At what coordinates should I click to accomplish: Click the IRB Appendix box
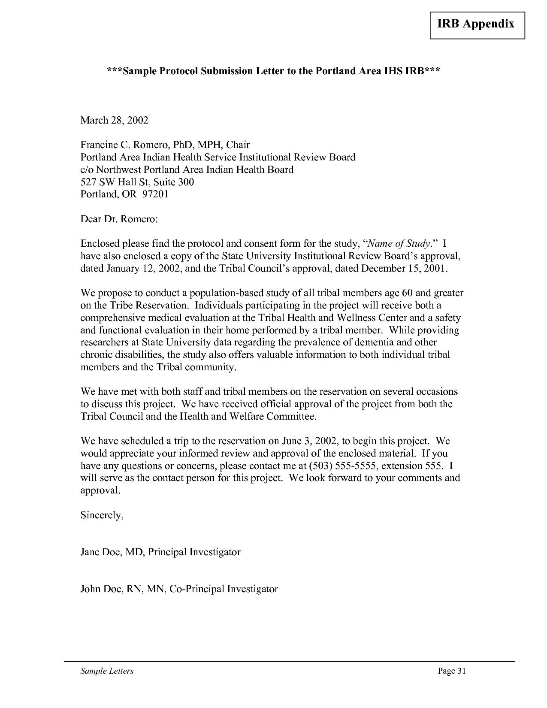pos(477,24)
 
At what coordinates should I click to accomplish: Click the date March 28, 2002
pos(114,120)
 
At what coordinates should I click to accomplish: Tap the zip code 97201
pos(155,194)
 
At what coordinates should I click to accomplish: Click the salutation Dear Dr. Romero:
pos(119,219)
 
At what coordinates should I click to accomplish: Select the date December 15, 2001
pos(404,269)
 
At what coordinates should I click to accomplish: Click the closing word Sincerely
pos(101,515)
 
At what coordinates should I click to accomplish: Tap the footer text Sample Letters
pos(107,671)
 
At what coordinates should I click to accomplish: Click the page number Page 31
pos(451,671)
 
